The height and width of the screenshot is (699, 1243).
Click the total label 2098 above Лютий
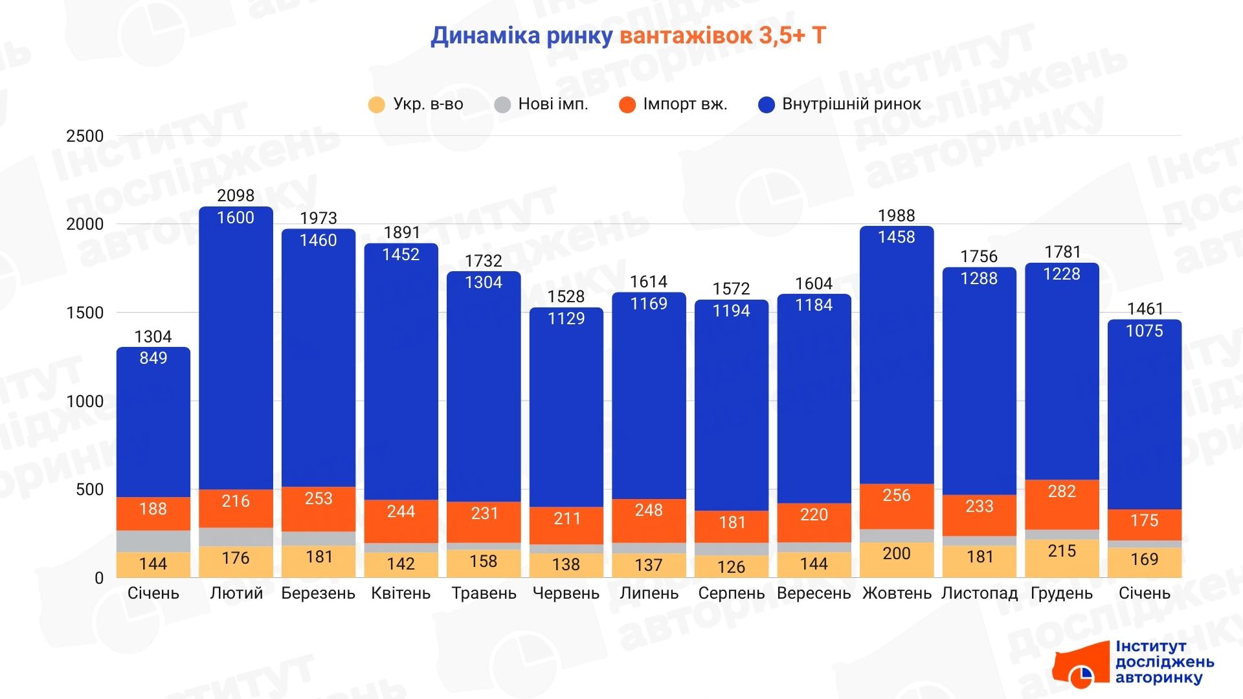[x=236, y=195]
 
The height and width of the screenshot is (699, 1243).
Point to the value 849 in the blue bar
[x=153, y=358]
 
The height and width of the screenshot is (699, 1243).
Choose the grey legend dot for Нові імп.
[x=502, y=105]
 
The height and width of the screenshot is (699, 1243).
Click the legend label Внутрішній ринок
[x=851, y=104]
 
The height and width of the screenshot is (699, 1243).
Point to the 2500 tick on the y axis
[x=85, y=136]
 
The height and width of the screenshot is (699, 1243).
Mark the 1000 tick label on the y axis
[x=85, y=401]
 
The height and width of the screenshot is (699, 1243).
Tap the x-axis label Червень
[x=566, y=594]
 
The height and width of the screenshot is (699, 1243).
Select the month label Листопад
[x=979, y=594]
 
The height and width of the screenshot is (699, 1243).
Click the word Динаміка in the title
[x=485, y=36]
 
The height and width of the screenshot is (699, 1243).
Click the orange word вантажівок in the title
[x=686, y=36]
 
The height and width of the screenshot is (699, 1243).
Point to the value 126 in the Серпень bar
[x=731, y=567]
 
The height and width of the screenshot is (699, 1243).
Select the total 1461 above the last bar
[x=1145, y=309]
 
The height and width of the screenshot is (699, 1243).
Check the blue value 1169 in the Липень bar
[x=649, y=304]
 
